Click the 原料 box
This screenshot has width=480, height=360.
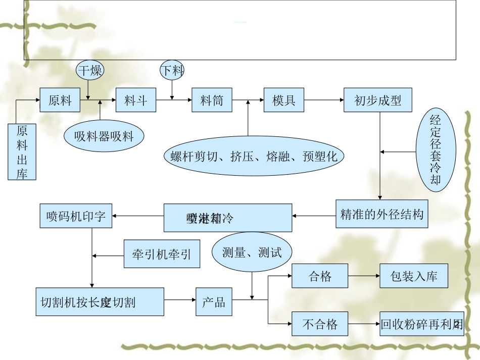coord(61,100)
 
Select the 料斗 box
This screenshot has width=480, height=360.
coord(136,100)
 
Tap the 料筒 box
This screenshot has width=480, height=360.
coord(212,100)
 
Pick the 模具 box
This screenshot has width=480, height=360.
coord(284,100)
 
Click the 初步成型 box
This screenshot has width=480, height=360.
coord(378,100)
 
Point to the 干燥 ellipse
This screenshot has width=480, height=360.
coord(89,70)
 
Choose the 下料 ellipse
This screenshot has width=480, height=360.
coord(172,70)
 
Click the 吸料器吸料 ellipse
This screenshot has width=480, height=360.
coord(104,135)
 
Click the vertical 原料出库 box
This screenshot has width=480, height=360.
coord(22,152)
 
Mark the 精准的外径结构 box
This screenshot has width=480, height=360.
coord(381,214)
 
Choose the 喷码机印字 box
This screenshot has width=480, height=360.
coord(76,216)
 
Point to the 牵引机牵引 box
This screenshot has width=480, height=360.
coord(162,254)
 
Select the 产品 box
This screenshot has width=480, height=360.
coord(214,302)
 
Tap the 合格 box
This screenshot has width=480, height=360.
coord(320,276)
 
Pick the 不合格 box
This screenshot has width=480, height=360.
coord(320,324)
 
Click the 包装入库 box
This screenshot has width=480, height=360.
coord(414,276)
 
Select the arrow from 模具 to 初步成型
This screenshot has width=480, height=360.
coord(324,100)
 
